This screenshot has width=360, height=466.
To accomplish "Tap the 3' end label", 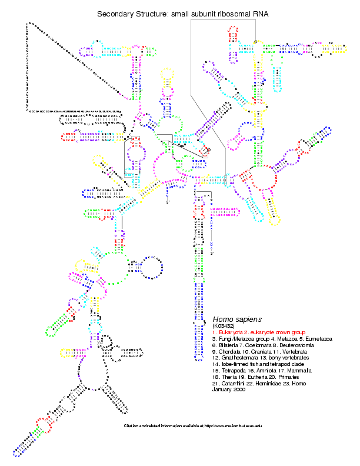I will click(x=212, y=253).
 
